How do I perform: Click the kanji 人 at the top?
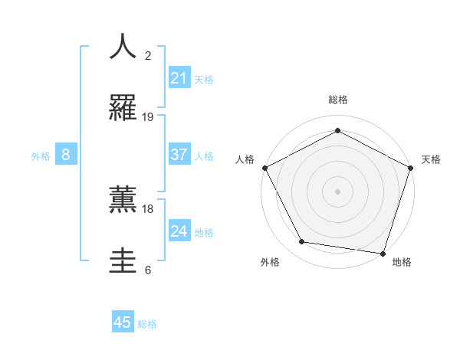click(x=123, y=46)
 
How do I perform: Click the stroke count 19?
click(x=148, y=117)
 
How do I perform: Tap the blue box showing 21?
click(x=179, y=78)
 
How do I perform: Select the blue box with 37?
click(x=179, y=155)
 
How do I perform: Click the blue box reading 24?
click(x=179, y=231)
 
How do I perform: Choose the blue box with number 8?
click(x=66, y=155)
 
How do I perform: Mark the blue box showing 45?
click(x=123, y=322)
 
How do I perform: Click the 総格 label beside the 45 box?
click(x=147, y=324)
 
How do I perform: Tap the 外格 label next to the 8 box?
click(x=41, y=156)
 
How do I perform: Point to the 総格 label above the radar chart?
click(x=338, y=100)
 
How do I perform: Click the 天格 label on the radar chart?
click(x=431, y=159)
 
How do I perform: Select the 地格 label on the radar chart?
click(x=402, y=262)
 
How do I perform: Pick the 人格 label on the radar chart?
click(x=245, y=159)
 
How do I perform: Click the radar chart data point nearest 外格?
click(x=302, y=242)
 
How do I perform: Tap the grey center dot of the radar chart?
click(x=338, y=191)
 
